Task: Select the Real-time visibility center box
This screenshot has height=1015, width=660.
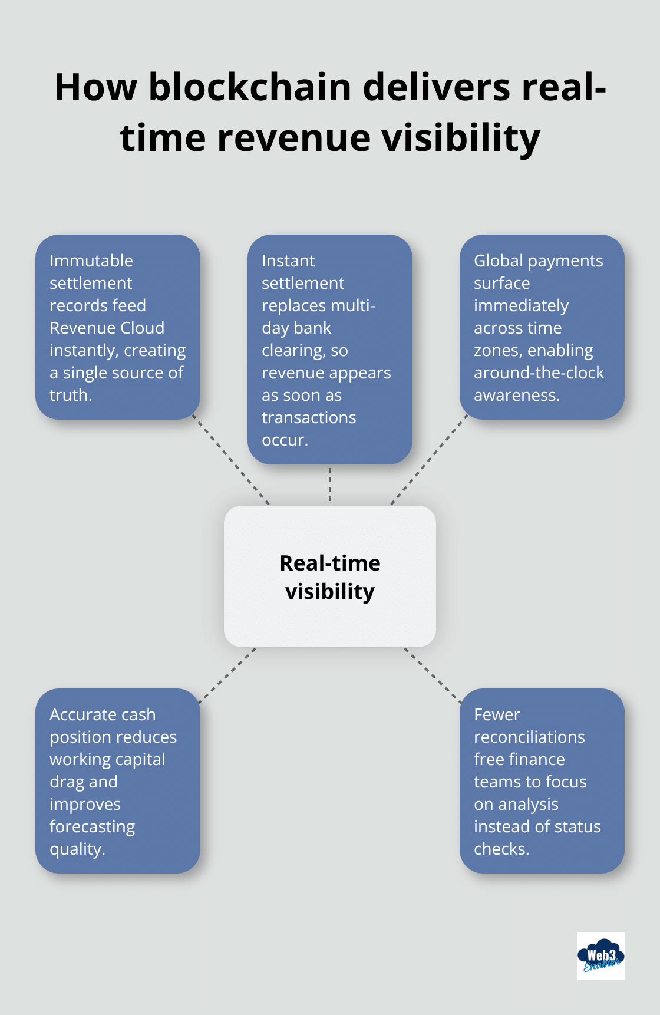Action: tap(330, 576)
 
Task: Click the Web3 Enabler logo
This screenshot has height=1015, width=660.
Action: tap(600, 955)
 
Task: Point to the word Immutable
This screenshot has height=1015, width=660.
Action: tap(91, 261)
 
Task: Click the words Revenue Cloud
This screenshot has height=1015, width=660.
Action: tap(107, 328)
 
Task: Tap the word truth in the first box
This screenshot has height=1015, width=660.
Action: tap(70, 395)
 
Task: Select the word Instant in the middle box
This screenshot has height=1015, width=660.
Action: tap(288, 261)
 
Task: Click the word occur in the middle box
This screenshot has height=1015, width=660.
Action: tap(283, 440)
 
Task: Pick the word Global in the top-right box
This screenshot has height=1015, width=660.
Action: tap(498, 261)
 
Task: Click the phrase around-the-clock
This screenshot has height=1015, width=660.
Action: tap(539, 373)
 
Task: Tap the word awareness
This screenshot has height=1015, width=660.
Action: tap(516, 395)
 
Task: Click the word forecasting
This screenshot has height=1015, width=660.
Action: tap(92, 826)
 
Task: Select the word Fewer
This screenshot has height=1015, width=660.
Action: tap(497, 714)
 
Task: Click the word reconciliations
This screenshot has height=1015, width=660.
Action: tap(529, 737)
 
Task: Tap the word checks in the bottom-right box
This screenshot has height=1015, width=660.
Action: tap(500, 849)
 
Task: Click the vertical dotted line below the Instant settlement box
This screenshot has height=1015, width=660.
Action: tap(330, 485)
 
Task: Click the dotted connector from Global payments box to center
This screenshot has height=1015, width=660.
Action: tap(429, 462)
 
